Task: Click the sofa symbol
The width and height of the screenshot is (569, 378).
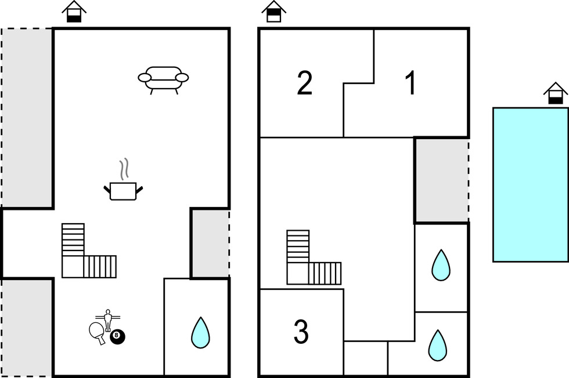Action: tap(163, 79)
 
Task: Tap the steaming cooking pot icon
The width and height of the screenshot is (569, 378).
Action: tap(123, 190)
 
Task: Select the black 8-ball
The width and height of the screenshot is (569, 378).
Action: tap(117, 335)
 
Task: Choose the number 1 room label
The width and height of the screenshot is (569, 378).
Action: tap(410, 83)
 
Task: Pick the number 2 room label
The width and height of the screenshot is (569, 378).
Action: tap(304, 83)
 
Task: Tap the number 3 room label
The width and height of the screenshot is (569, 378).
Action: tap(301, 332)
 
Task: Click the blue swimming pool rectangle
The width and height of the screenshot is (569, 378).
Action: tap(531, 184)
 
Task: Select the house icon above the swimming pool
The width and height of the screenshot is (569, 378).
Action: tap(555, 93)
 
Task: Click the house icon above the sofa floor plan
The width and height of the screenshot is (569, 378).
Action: tap(74, 11)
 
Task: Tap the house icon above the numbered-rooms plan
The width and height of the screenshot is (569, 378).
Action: tap(274, 11)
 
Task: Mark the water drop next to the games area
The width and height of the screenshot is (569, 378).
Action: tap(200, 333)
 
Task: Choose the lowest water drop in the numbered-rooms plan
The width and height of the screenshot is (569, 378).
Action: tap(437, 346)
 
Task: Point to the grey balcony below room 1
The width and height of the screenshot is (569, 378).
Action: tap(441, 180)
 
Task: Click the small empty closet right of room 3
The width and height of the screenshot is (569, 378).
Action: tap(366, 358)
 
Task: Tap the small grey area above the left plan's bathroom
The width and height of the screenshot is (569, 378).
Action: tap(210, 243)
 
